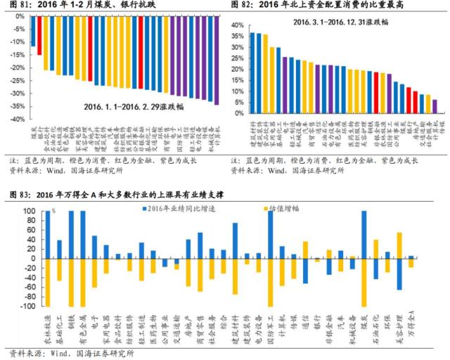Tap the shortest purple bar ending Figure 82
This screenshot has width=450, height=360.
tap(435, 105)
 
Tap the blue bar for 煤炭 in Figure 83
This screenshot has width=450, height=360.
tap(364, 235)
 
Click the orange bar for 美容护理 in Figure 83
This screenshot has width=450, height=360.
tap(399, 246)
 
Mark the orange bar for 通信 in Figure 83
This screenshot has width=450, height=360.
tap(305, 250)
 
